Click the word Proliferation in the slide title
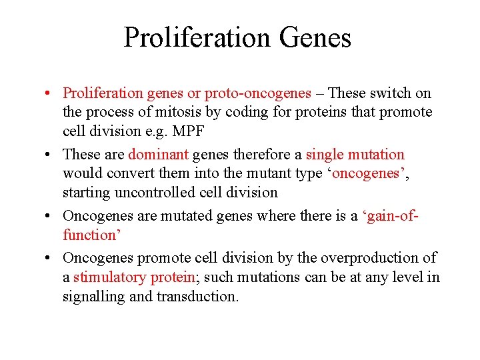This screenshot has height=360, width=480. [198, 37]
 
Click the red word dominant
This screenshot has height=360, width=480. [158, 155]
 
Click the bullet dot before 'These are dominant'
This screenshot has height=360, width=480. [50, 155]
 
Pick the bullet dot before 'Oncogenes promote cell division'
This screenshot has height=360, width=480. [50, 258]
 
